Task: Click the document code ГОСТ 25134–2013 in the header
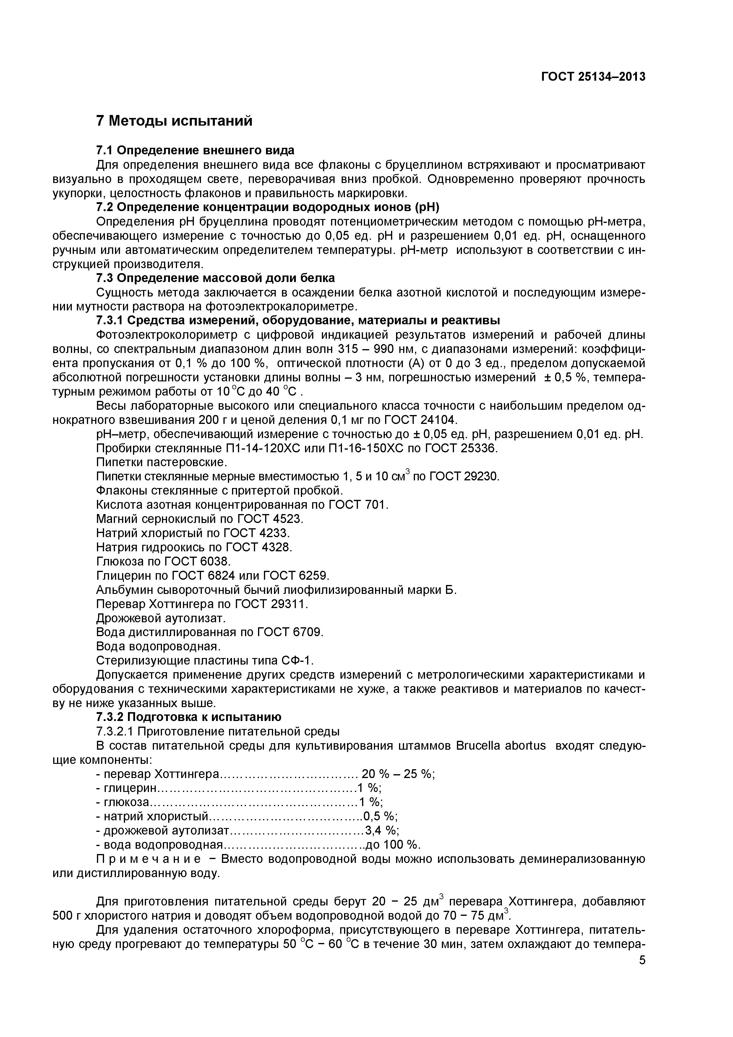pos(593,77)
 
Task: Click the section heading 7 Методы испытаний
pos(174,121)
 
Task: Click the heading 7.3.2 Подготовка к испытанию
pos(189,717)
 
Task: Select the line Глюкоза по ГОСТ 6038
pos(163,561)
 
